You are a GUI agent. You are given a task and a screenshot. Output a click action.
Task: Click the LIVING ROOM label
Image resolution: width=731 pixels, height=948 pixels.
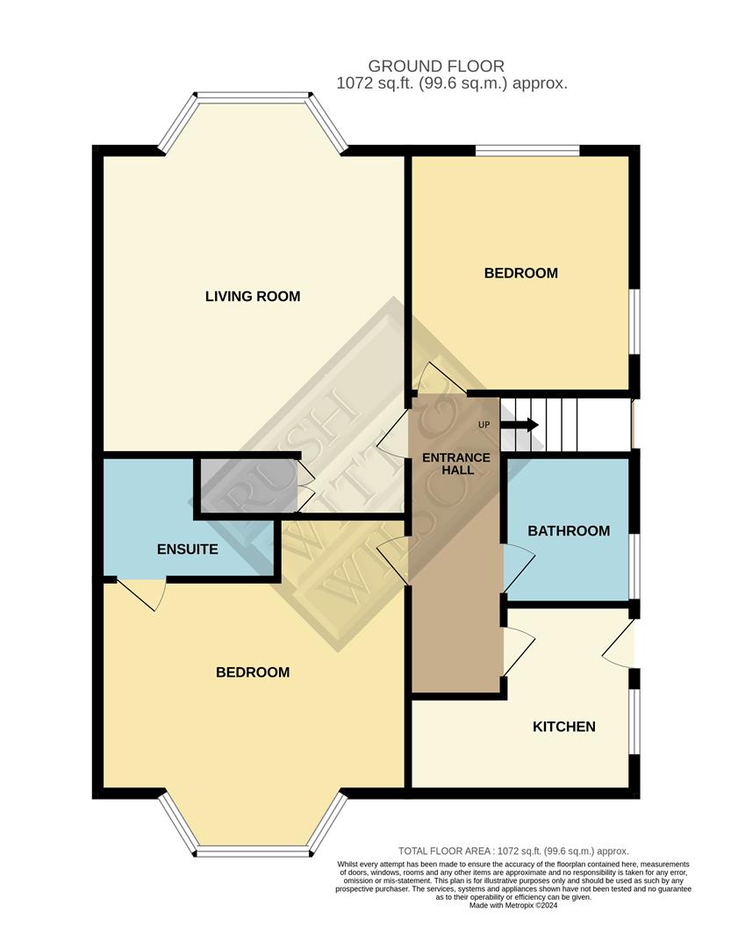(253, 297)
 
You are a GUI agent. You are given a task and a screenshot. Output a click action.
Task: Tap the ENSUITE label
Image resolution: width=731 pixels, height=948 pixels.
(187, 550)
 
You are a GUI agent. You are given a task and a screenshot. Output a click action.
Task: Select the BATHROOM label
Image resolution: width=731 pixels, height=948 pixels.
(568, 531)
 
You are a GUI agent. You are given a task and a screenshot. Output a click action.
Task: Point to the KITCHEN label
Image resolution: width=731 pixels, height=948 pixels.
(564, 727)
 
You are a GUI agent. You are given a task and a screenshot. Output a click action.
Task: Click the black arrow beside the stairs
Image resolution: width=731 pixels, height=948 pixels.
(524, 426)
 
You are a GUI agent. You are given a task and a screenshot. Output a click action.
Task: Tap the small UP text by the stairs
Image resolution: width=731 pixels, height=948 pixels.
(484, 426)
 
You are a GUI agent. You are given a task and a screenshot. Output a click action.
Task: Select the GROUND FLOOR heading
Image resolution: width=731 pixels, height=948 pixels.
(436, 67)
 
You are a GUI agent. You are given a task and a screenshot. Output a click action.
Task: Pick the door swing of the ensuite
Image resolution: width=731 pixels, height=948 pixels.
(142, 594)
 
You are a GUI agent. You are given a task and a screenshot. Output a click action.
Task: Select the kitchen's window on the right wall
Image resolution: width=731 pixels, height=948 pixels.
(634, 720)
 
